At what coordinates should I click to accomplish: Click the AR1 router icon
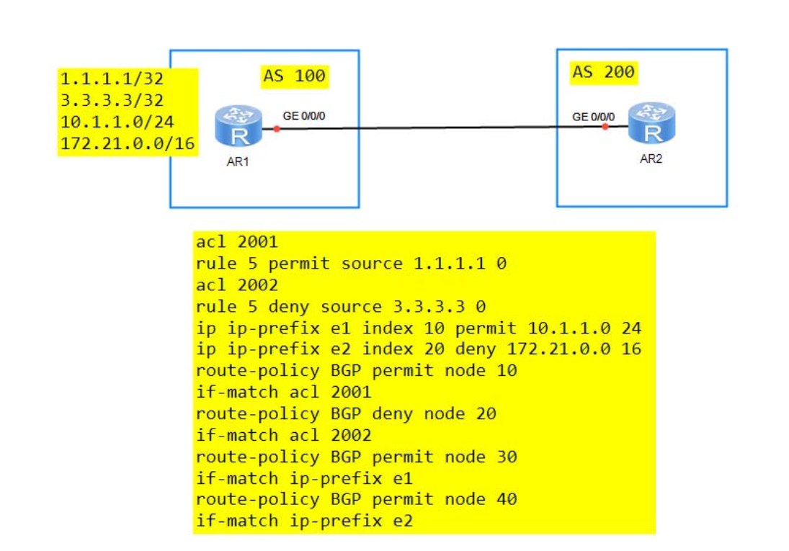point(239,125)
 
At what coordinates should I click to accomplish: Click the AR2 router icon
point(651,122)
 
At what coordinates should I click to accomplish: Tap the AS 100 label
point(295,76)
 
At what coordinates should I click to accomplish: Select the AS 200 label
point(603,72)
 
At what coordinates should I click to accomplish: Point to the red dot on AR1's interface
point(277,129)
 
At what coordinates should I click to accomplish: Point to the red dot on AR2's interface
point(605,127)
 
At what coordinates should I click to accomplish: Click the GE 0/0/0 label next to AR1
point(304,116)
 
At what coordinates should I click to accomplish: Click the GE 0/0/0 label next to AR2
point(593,117)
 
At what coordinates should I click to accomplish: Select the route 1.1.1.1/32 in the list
point(112,79)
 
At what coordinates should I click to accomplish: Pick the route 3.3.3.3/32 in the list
point(112,101)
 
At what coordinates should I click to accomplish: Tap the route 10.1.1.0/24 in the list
point(117,122)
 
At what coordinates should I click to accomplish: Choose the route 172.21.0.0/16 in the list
point(128,144)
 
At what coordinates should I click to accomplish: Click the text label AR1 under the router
point(238,161)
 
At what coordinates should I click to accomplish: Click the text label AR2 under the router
point(651,159)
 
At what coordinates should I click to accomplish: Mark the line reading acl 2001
point(237,242)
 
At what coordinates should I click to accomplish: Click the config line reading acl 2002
point(237,285)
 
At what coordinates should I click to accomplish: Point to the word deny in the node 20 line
point(393,414)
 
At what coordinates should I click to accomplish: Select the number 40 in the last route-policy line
point(507,500)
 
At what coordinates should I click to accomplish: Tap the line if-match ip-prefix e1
point(304,478)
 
